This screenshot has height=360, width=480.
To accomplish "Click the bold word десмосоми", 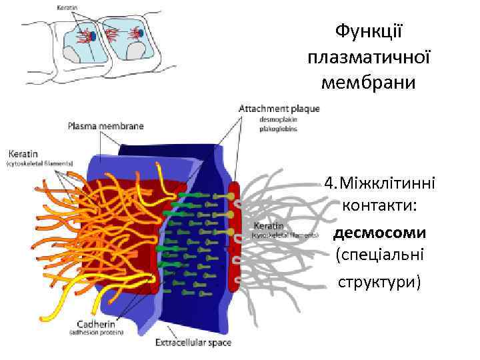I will coord(379,233).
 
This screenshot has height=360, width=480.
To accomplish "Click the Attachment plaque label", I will coord(279,109).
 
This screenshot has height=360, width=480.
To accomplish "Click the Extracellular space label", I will coord(193,343).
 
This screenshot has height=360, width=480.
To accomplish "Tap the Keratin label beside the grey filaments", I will coord(267,226).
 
